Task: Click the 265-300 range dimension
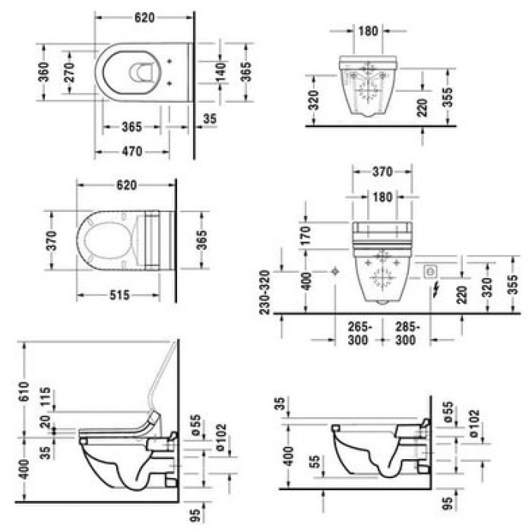coord(359,334)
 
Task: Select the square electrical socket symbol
coord(429,271)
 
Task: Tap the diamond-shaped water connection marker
coord(335,271)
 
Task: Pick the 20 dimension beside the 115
coord(47,423)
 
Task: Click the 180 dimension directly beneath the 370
coord(382,196)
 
